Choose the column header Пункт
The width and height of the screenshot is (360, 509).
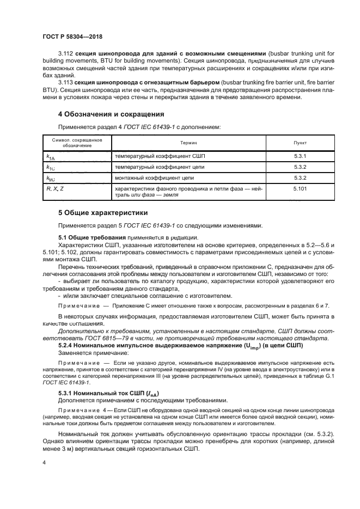(x=300, y=142)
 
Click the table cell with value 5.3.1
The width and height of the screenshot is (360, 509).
(x=300, y=156)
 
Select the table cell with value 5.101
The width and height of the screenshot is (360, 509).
(x=300, y=188)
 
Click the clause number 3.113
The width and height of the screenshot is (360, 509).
(x=65, y=82)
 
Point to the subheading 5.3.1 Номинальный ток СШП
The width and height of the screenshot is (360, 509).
(x=107, y=393)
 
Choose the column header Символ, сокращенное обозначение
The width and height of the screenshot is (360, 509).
(x=77, y=142)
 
